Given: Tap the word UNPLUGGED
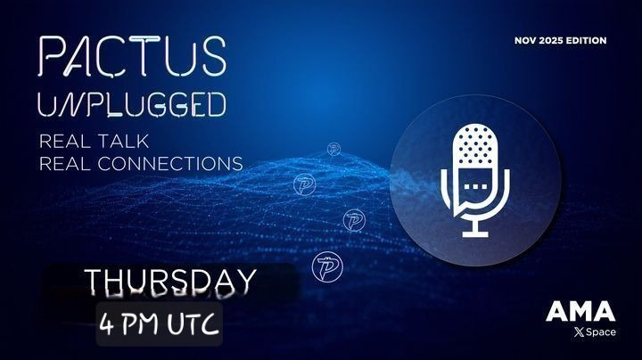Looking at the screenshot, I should point(130,108).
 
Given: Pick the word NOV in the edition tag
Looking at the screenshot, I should point(527,40).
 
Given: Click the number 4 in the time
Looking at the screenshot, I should point(108,318).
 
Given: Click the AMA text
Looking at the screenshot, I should point(580,312).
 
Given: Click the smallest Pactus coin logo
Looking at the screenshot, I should point(334,149).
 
